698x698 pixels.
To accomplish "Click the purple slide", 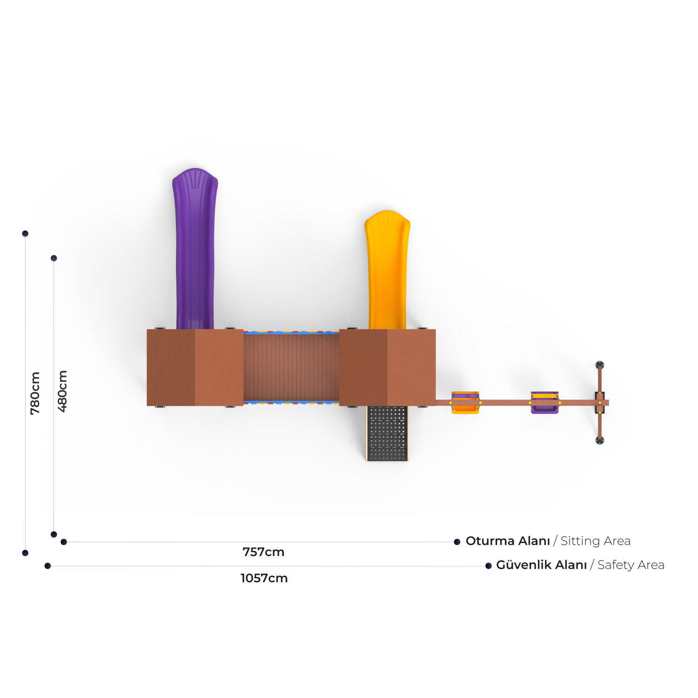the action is [x=195, y=249].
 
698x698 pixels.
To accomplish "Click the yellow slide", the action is [x=387, y=270].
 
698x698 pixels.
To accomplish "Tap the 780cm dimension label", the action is [x=35, y=393].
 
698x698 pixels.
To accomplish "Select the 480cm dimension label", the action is [x=62, y=391].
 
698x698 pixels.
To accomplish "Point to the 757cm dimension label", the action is [x=263, y=552].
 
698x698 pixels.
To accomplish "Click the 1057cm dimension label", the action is [x=264, y=578].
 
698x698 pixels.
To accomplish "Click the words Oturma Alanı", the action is [x=508, y=541].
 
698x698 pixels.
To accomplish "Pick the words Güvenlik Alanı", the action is [x=542, y=564].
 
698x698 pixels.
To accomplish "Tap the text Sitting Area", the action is [x=596, y=541].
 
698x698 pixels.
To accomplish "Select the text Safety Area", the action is [x=631, y=565].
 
